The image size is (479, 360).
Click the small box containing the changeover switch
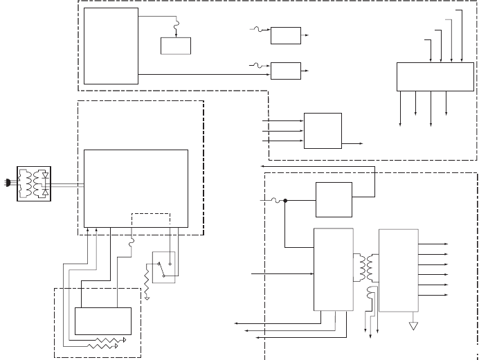165,267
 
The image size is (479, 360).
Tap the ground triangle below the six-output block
413,324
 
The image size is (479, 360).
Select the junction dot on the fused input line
284,201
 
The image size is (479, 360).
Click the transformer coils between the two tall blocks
366,267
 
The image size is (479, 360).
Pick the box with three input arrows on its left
323,130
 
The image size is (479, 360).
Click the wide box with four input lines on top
435,76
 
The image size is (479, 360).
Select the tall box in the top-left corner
111,46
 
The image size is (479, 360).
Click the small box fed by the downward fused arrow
176,45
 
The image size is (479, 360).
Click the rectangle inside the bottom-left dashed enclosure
103,320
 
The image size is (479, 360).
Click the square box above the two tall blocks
334,199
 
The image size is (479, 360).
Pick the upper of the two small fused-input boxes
286,35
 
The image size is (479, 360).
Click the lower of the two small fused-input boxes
286,70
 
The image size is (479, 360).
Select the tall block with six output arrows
398,270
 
